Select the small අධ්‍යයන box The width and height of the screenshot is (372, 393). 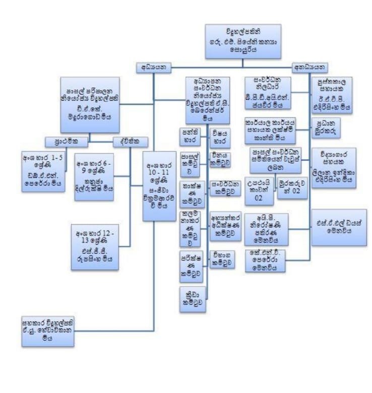[154, 68]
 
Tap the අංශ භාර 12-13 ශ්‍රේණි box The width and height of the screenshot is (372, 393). [95, 247]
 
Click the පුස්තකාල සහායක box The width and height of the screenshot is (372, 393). [331, 94]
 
